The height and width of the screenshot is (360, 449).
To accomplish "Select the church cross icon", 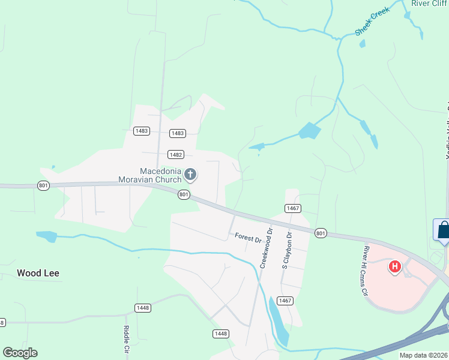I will pyautogui.click(x=190, y=175).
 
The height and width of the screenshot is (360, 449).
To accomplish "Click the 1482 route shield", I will pyautogui.click(x=176, y=154).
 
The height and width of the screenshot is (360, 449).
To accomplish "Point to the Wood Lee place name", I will pyautogui.click(x=38, y=273).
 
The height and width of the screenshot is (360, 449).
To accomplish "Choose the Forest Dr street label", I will pyautogui.click(x=248, y=238).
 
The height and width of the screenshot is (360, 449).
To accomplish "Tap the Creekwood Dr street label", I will pyautogui.click(x=266, y=247).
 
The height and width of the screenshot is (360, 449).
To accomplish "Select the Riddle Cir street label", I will pyautogui.click(x=127, y=339).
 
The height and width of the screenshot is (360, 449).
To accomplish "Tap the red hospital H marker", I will pyautogui.click(x=395, y=266).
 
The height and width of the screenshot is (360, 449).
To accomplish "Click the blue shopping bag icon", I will pyautogui.click(x=443, y=230).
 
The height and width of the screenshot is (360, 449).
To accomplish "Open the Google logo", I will pyautogui.click(x=20, y=353).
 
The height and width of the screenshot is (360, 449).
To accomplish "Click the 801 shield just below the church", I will pyautogui.click(x=184, y=194).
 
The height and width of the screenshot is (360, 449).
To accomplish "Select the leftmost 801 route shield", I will pyautogui.click(x=43, y=185).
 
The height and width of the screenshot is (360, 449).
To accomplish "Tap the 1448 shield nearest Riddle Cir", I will pyautogui.click(x=142, y=308).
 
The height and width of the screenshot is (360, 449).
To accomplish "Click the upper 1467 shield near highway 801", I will pyautogui.click(x=293, y=208).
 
